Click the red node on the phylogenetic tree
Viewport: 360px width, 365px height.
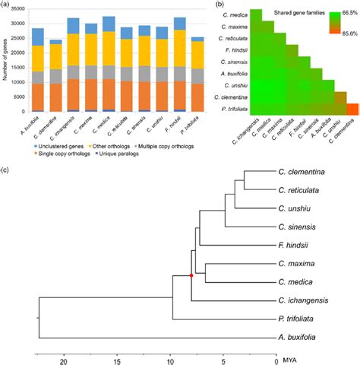[x=191, y=275]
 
